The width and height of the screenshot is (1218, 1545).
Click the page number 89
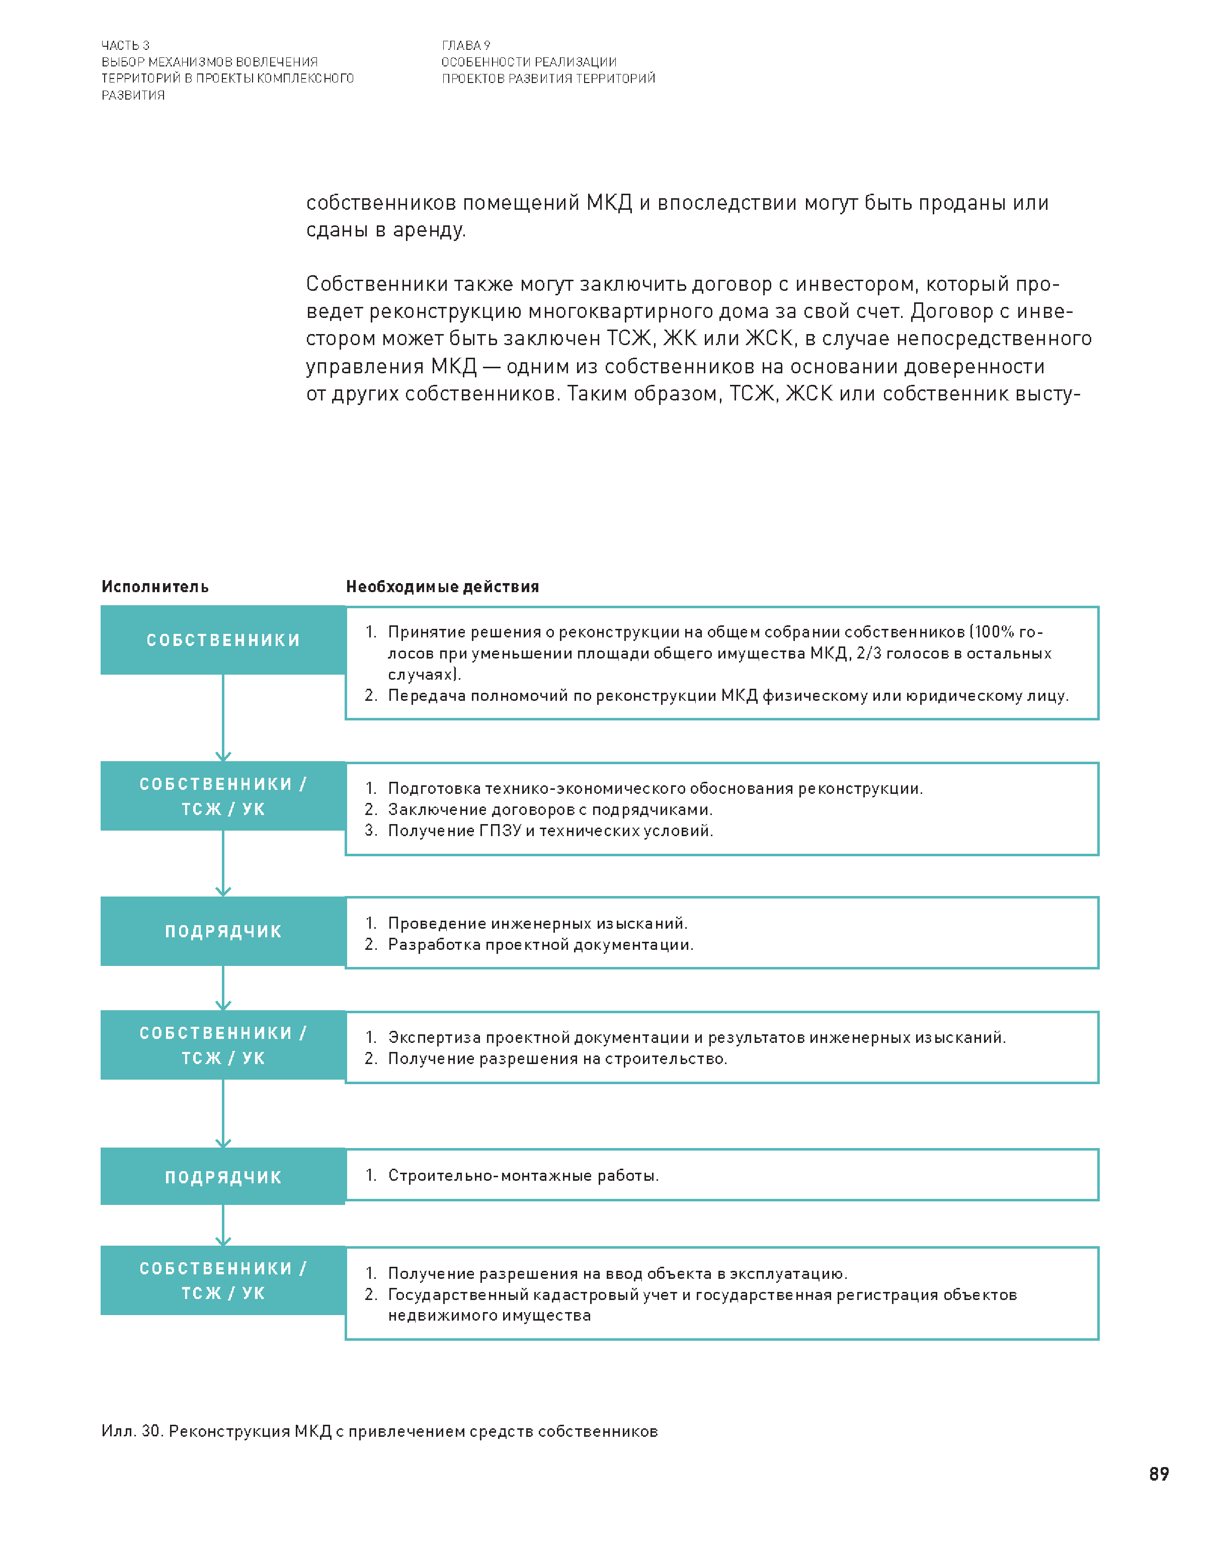click(1158, 1473)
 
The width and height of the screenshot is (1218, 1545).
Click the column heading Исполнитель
click(155, 587)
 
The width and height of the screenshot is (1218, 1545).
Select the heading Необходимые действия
click(442, 587)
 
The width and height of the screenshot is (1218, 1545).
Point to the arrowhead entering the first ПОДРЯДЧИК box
click(223, 891)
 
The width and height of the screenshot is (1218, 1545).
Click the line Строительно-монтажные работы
click(523, 1175)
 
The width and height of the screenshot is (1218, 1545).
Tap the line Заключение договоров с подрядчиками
click(550, 809)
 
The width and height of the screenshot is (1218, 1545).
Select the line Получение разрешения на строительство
click(557, 1059)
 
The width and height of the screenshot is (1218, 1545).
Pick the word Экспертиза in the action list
click(434, 1037)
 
